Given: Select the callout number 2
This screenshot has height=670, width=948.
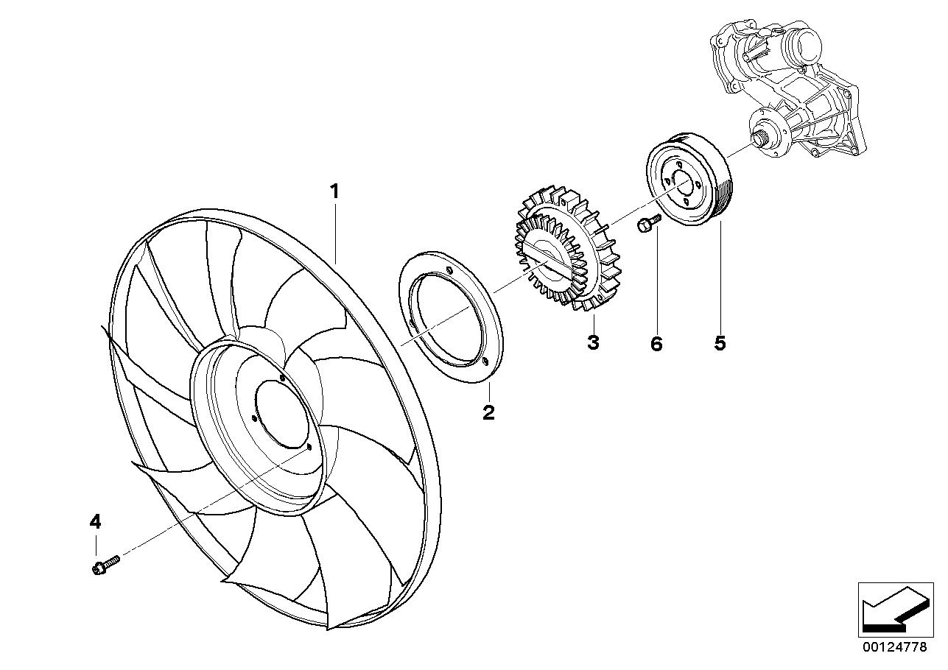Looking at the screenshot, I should tap(488, 412).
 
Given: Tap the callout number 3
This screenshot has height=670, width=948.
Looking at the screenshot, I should tap(594, 342).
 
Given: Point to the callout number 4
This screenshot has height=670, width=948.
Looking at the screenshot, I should tap(95, 522).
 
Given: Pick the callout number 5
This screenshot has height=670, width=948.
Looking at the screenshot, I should tap(720, 342).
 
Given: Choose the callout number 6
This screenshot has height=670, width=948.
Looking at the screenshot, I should tap(656, 343).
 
